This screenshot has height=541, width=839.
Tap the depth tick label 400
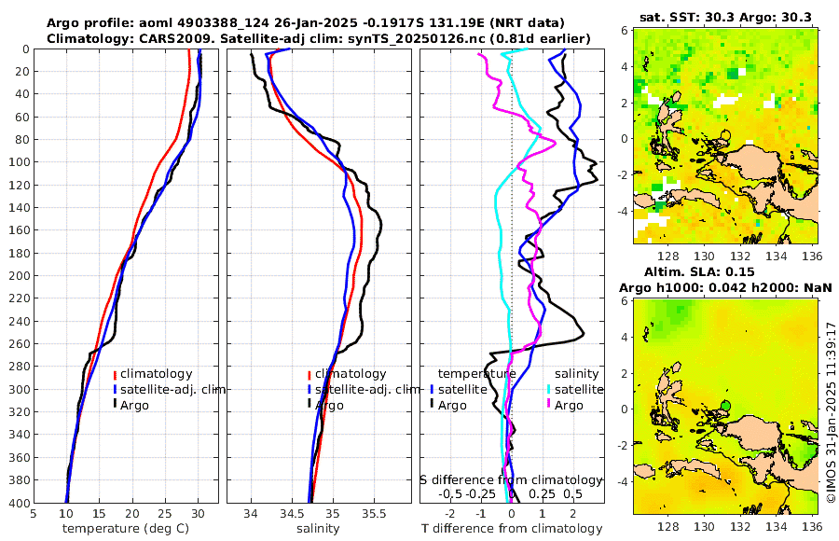coord(16,503)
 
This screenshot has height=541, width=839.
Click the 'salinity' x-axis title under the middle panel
coord(318,529)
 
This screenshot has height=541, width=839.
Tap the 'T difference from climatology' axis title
coord(512,529)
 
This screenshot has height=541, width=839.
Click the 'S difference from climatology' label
coord(511,479)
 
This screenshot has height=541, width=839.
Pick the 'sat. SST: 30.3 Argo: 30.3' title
coord(725,17)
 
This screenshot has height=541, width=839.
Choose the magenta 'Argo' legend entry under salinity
coord(569,405)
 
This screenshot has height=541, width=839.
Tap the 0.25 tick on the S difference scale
coord(542,493)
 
